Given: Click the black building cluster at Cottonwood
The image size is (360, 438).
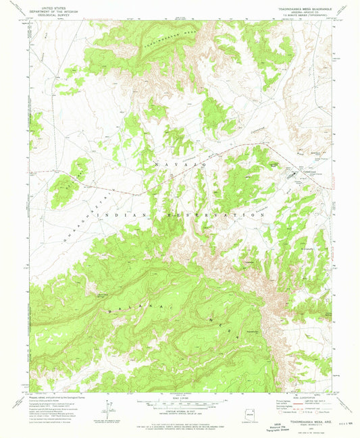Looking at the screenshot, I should click(294, 177).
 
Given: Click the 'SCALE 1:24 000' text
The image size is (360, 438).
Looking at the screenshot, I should click(180, 398).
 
